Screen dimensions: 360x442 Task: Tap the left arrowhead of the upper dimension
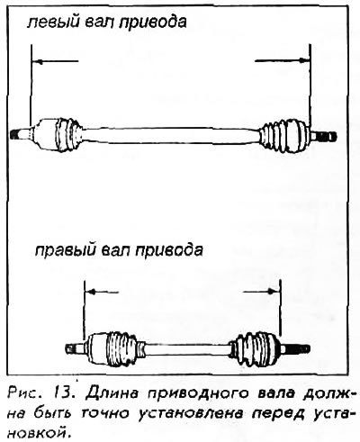(x=38, y=62)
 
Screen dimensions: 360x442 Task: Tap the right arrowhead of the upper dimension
(x=303, y=60)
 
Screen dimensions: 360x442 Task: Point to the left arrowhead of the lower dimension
(x=91, y=291)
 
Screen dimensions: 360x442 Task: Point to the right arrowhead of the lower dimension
(x=273, y=291)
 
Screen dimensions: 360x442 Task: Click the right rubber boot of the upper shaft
(x=283, y=137)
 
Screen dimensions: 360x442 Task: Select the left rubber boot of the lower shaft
(x=122, y=348)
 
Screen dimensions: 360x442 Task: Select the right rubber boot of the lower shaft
(x=255, y=349)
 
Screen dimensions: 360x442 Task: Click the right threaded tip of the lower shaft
(x=297, y=349)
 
